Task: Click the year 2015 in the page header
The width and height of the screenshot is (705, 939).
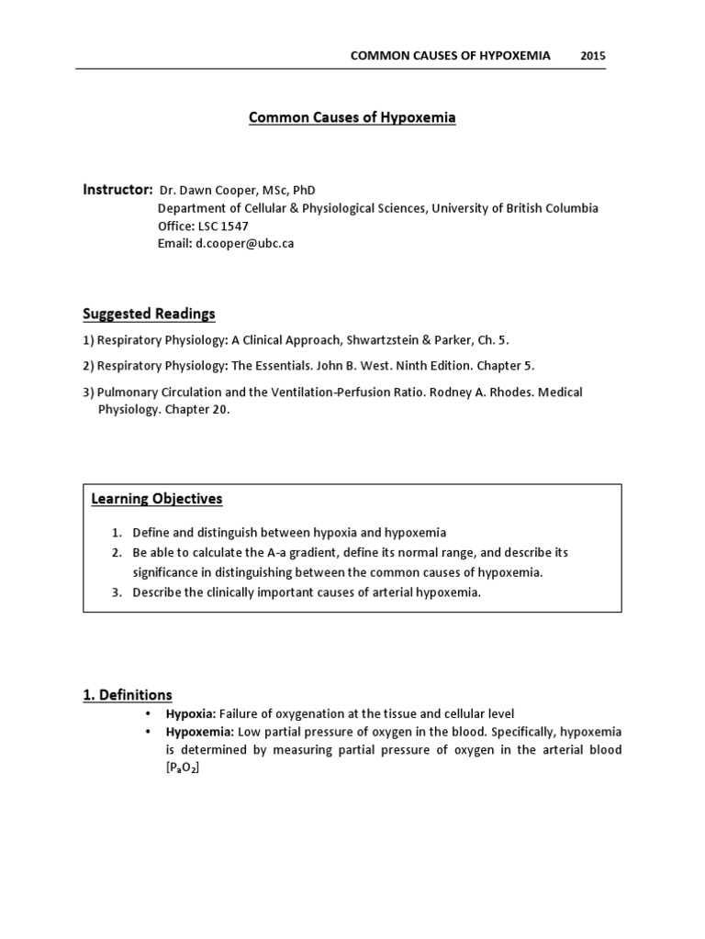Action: tap(593, 55)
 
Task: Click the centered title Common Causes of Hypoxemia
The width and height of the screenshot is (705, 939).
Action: tap(352, 118)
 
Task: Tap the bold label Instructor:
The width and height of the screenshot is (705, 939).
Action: tap(118, 190)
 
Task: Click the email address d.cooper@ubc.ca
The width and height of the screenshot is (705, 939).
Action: tap(244, 244)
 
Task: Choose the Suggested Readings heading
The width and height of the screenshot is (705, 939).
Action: tap(149, 314)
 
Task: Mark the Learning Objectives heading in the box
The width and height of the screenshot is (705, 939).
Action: tap(157, 499)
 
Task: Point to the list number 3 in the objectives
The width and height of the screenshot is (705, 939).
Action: tap(117, 591)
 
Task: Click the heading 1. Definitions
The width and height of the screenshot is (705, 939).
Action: tap(128, 695)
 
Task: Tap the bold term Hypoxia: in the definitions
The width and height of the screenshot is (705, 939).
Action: tap(190, 713)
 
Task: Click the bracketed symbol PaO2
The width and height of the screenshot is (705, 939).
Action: tap(182, 768)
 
